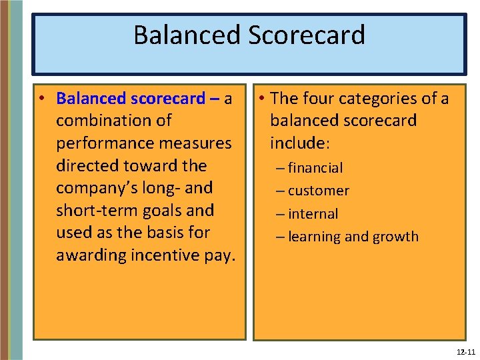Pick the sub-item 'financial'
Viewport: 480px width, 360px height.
pyautogui.click(x=316, y=168)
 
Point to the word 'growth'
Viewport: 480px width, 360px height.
pyautogui.click(x=395, y=237)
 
